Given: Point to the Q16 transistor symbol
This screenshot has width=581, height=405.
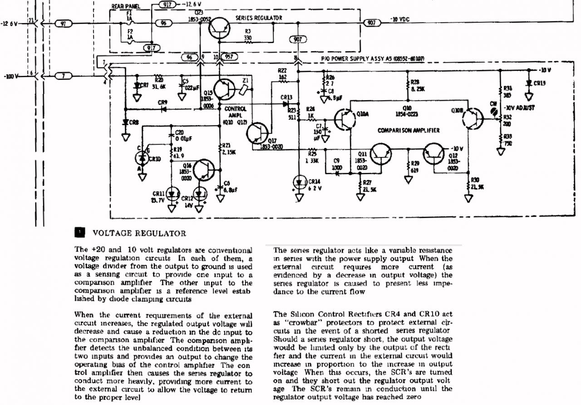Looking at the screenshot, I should click(x=205, y=171).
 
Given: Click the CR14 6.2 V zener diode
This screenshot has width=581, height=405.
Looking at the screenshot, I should click(x=299, y=182).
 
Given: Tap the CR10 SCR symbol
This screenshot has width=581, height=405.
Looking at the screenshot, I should click(x=142, y=158).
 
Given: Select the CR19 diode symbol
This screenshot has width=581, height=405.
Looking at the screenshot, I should click(x=528, y=83).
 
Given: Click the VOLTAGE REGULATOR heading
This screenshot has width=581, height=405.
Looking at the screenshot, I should click(x=139, y=234).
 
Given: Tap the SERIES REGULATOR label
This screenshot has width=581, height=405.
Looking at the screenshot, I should click(x=259, y=18).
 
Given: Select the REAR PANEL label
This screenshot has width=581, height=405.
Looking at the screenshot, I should click(x=126, y=7).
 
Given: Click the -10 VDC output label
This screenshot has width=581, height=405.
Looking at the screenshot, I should click(x=400, y=20).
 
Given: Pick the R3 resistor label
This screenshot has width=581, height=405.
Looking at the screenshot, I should click(x=248, y=32).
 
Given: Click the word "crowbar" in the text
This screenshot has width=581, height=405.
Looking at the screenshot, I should click(x=299, y=322).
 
